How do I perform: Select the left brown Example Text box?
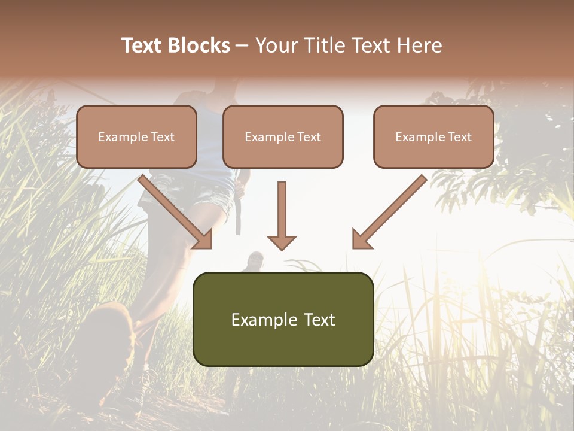(136, 136)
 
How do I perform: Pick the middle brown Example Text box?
(283, 136)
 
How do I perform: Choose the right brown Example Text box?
(433, 136)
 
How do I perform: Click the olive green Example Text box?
(283, 319)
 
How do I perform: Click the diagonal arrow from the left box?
(173, 210)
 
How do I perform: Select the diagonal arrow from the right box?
(392, 210)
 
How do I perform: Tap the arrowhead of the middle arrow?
(282, 242)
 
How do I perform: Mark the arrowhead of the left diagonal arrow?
(203, 239)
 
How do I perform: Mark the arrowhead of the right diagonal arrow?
(361, 239)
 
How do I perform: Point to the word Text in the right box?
(459, 137)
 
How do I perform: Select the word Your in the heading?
(276, 45)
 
